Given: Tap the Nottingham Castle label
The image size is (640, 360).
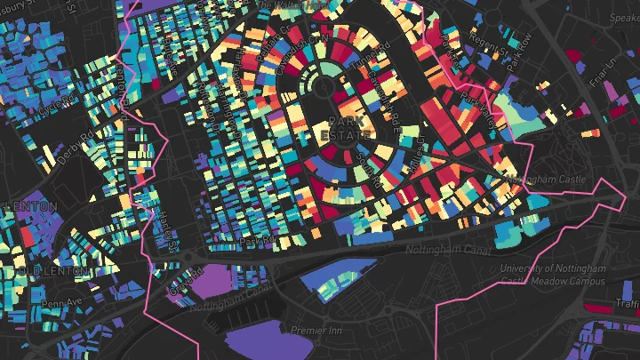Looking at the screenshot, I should coord(544,180).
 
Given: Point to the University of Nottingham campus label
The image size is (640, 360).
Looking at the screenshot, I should coord(552,275).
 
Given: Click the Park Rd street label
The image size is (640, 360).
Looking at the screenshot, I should coord(259,241).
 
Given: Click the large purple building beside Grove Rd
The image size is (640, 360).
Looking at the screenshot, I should coord(212,280).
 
